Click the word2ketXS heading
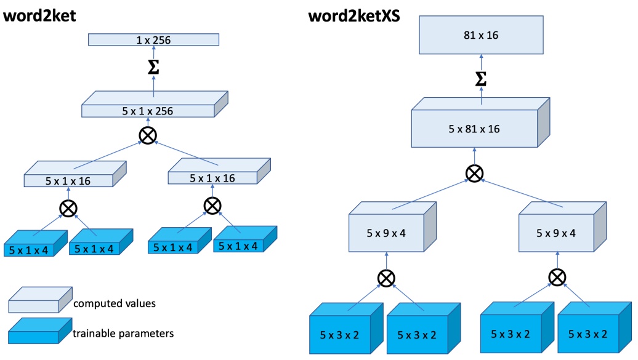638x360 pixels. pyautogui.click(x=354, y=16)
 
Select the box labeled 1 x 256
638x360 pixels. pyautogui.click(x=153, y=41)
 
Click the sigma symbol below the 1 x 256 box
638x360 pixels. pyautogui.click(x=154, y=68)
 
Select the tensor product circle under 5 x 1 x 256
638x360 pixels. pyautogui.click(x=148, y=135)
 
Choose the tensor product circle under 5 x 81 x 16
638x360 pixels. pyautogui.click(x=474, y=174)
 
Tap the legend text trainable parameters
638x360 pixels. pyautogui.click(x=123, y=334)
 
